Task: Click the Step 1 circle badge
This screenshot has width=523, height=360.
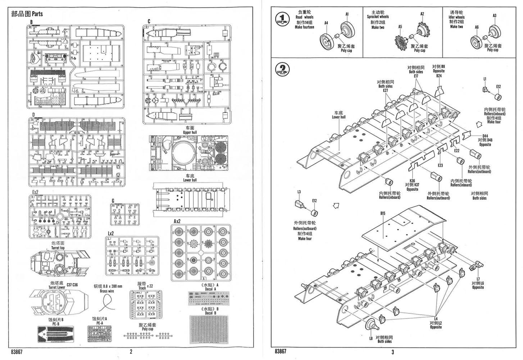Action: pyautogui.click(x=283, y=19)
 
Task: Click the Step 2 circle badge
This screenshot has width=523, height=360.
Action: pyautogui.click(x=283, y=69)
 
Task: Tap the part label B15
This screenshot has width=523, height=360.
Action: pyautogui.click(x=383, y=213)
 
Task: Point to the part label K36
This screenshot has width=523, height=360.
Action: pyautogui.click(x=412, y=181)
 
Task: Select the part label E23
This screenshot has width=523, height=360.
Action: pyautogui.click(x=440, y=165)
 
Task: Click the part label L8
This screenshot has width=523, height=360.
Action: pyautogui.click(x=371, y=338)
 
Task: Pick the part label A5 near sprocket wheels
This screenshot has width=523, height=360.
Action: pyautogui.click(x=400, y=27)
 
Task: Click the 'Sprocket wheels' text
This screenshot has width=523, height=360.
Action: pyautogui.click(x=378, y=17)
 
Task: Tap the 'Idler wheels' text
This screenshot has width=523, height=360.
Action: pyautogui.click(x=456, y=17)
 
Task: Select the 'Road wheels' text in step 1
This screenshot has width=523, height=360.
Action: pyautogui.click(x=304, y=17)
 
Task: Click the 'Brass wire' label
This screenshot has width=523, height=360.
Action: pyautogui.click(x=107, y=291)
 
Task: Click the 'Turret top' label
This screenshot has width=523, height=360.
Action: pyautogui.click(x=58, y=248)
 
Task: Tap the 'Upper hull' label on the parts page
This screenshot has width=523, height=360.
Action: pyautogui.click(x=190, y=132)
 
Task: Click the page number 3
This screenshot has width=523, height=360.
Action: pyautogui.click(x=393, y=352)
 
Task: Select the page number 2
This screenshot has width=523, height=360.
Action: pyautogui.click(x=131, y=352)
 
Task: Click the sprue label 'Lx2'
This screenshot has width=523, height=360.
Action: pyautogui.click(x=110, y=233)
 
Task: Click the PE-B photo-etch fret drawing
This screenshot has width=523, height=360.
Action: pyautogui.click(x=56, y=334)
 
